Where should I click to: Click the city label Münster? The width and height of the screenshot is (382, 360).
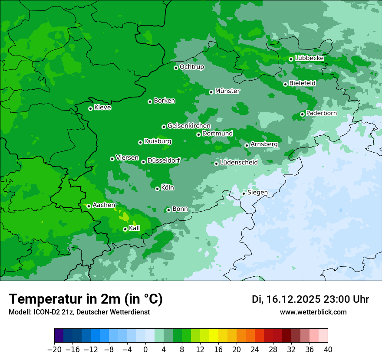click(x=227, y=91)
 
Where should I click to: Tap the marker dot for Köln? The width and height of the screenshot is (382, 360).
click(x=157, y=189)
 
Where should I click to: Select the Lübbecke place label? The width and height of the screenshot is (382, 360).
click(x=309, y=58)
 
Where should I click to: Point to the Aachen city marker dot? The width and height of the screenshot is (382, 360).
click(x=89, y=206)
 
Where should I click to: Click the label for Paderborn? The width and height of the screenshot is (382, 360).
click(x=321, y=113)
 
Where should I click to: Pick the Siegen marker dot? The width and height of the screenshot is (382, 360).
click(x=244, y=193)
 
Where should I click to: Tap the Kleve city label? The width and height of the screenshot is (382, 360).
click(x=102, y=108)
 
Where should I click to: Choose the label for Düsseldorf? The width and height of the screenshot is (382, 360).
click(x=164, y=160)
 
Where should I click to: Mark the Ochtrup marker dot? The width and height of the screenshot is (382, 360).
click(x=176, y=68)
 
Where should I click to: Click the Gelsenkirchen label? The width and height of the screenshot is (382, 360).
click(x=189, y=126)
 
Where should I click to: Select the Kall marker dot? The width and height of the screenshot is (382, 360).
click(x=125, y=229)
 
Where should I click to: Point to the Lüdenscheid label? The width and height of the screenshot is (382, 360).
click(x=239, y=163)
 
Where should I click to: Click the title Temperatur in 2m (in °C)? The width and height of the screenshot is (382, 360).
click(x=86, y=299)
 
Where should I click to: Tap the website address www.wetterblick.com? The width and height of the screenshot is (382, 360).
click(x=313, y=312)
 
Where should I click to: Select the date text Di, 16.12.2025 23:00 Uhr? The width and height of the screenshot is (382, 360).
click(x=310, y=299)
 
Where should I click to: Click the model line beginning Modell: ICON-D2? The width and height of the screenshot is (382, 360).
click(x=79, y=312)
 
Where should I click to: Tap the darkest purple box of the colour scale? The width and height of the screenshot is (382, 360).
click(x=59, y=336)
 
